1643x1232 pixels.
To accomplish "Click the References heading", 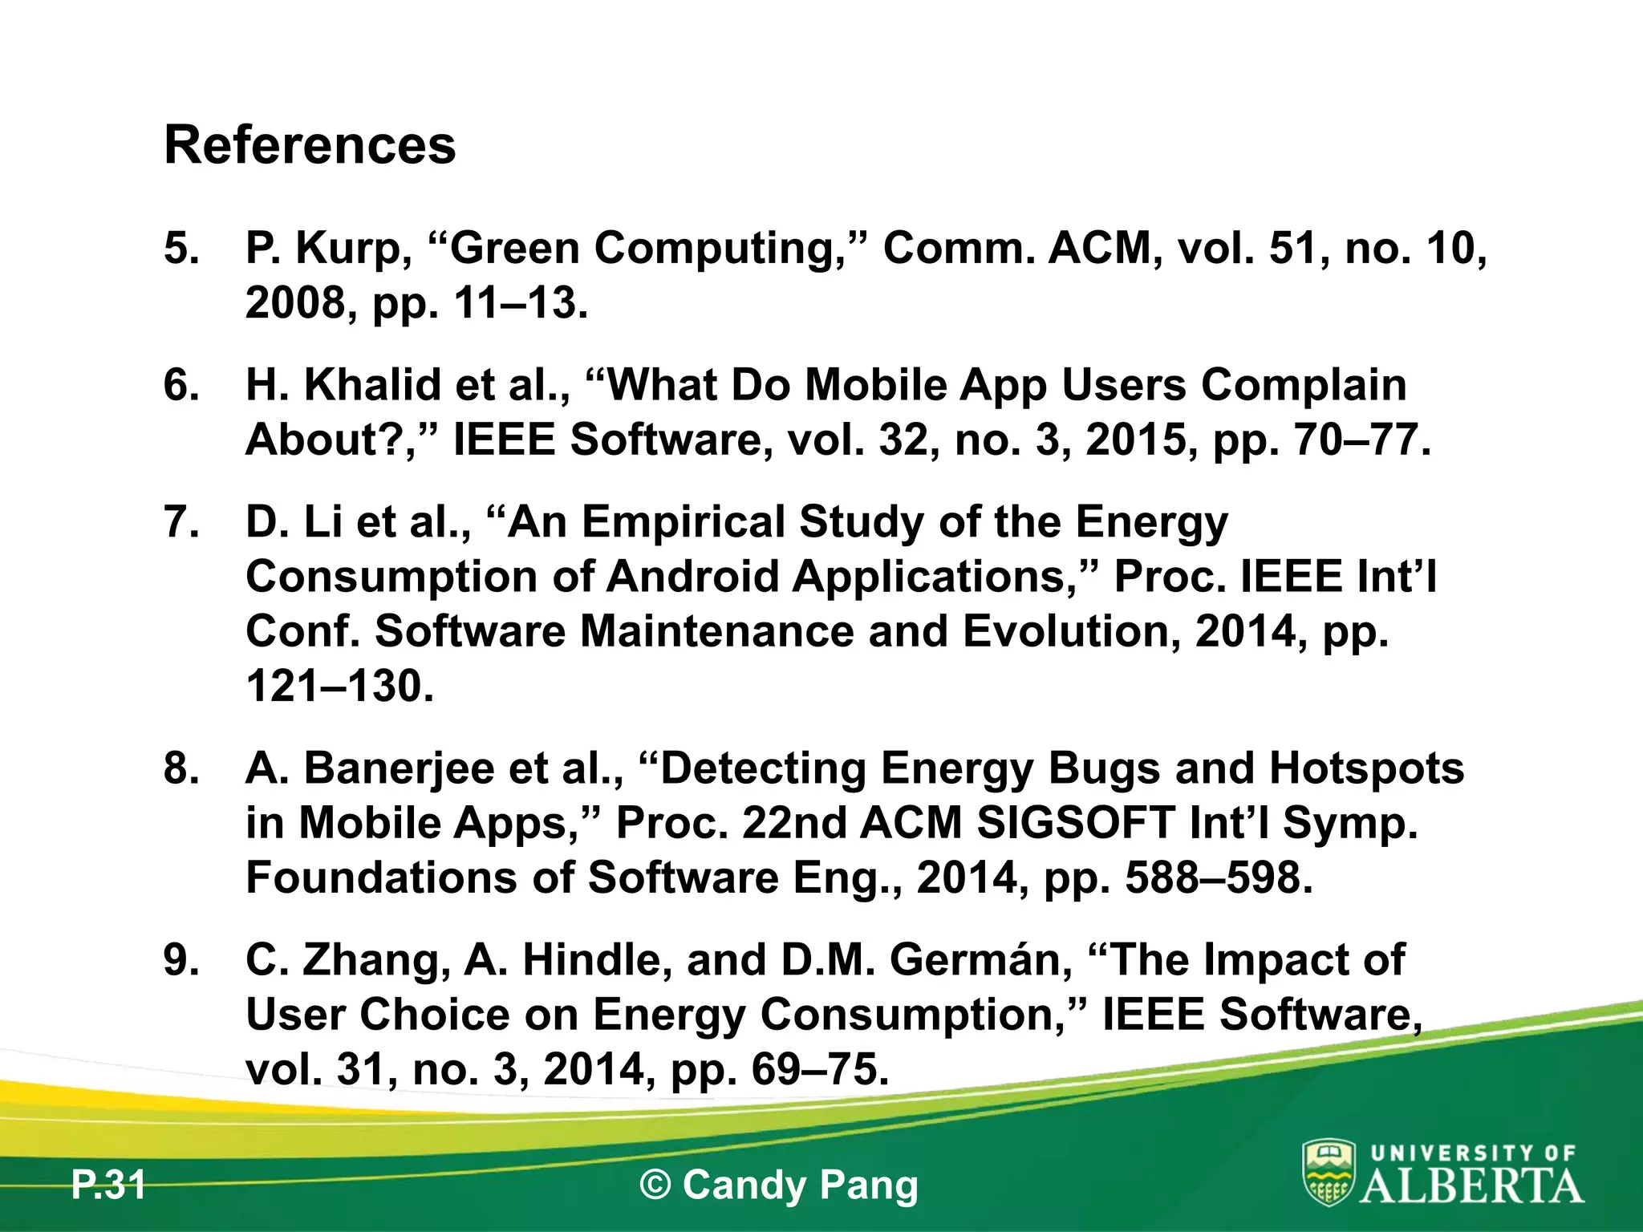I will click(310, 145).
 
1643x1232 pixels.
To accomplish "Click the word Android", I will click(692, 577).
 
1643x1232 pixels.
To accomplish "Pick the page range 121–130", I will click(339, 687).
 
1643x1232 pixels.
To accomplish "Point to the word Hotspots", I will click(1366, 768).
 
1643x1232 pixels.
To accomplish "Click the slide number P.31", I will click(108, 1185).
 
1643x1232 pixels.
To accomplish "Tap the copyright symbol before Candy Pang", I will click(655, 1185).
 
